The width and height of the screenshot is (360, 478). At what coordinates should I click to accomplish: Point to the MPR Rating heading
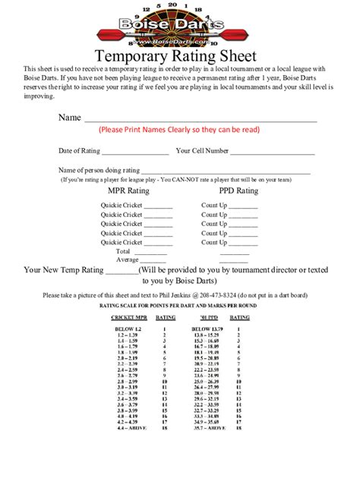click(x=129, y=191)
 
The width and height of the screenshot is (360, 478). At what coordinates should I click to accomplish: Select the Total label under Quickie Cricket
click(x=123, y=250)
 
